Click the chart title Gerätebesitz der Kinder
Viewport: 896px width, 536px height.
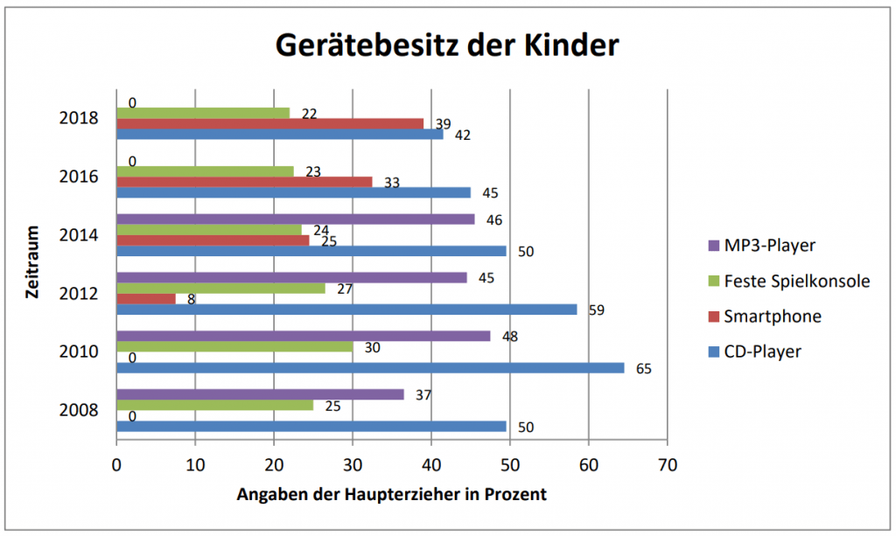coord(447,45)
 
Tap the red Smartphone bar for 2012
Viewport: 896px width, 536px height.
coord(145,298)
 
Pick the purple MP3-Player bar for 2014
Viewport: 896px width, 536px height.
coord(295,219)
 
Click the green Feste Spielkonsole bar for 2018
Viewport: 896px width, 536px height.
coord(202,113)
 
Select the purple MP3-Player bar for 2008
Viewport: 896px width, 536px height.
coord(259,394)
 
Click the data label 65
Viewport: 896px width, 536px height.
coord(644,369)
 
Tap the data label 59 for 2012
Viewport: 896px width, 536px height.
coord(596,310)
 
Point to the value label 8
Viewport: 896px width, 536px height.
coord(191,299)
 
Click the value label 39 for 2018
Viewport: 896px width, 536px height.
coord(443,124)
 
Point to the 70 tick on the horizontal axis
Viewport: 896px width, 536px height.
coord(667,465)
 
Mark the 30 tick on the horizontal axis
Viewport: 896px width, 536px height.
coord(352,465)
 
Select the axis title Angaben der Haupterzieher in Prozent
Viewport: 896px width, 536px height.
coord(391,495)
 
